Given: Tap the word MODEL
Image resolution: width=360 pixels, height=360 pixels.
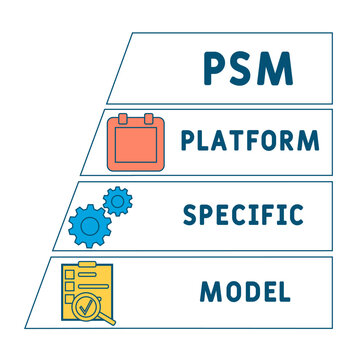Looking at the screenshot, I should pos(245,291).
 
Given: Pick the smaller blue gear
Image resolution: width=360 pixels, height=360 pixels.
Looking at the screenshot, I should pos(119,202).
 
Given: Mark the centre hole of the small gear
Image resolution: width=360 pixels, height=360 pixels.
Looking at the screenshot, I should pos(119,202).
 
